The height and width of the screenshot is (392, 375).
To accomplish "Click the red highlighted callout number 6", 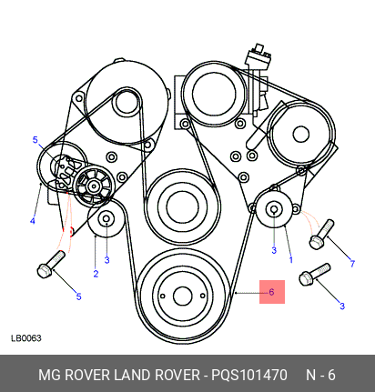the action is pyautogui.click(x=271, y=292).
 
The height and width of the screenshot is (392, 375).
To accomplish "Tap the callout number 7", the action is pyautogui.click(x=352, y=264).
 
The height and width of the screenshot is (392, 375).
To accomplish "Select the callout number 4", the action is pyautogui.click(x=33, y=221).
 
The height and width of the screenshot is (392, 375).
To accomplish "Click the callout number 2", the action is pyautogui.click(x=96, y=274).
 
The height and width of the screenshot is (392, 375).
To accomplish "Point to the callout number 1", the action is pyautogui.click(x=291, y=260).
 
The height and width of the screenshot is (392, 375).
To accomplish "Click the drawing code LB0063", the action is pyautogui.click(x=26, y=338).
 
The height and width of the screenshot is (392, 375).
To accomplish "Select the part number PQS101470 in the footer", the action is pyautogui.click(x=249, y=375).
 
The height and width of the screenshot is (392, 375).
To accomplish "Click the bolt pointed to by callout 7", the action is pyautogui.click(x=321, y=235).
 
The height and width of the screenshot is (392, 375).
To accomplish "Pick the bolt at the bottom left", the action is pyautogui.click(x=51, y=264).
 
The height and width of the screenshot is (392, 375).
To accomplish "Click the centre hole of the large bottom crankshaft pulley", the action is pyautogui.click(x=182, y=296).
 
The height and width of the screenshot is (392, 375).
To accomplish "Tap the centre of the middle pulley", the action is pyautogui.click(x=183, y=207).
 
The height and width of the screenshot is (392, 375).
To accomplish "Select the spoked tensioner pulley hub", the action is pyautogui.click(x=94, y=186).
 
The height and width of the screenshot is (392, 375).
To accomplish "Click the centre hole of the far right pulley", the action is pyautogui.click(x=301, y=135).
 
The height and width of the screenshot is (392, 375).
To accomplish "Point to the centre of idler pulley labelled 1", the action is pyautogui.click(x=274, y=209).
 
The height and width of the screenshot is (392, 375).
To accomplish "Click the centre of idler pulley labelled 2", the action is pyautogui.click(x=106, y=218).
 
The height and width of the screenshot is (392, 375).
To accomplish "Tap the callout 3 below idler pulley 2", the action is pyautogui.click(x=106, y=260).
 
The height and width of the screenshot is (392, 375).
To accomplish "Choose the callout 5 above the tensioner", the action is pyautogui.click(x=35, y=140).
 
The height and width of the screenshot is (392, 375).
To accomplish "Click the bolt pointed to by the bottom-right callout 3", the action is pyautogui.click(x=315, y=275).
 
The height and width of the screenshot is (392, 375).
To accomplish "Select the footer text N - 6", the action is pyautogui.click(x=320, y=375).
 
